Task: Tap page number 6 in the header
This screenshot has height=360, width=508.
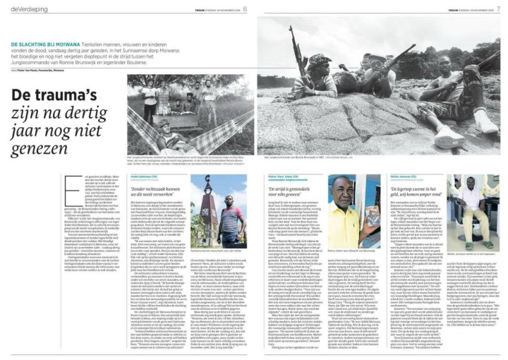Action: pos(245,8)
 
